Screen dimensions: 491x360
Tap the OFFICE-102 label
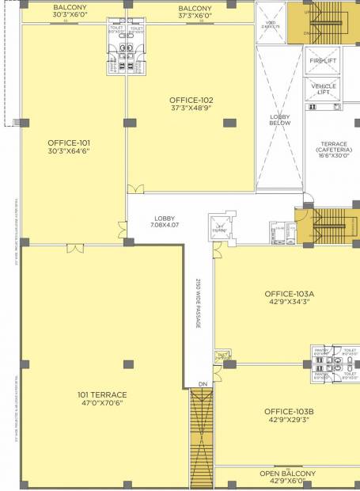click(x=191, y=101)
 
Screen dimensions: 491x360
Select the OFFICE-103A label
click(x=289, y=293)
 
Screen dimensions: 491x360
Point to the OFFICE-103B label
click(x=289, y=411)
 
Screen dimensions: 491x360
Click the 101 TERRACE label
click(x=102, y=394)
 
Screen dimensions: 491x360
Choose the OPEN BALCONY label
click(x=288, y=474)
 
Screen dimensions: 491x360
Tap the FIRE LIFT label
click(x=323, y=61)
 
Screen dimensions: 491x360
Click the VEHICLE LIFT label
click(x=323, y=89)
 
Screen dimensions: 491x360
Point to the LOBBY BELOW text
click(x=280, y=120)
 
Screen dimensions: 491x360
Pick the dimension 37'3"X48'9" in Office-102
click(x=191, y=108)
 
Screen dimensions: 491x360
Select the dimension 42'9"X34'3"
click(x=289, y=301)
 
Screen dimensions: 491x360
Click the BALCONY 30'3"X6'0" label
click(x=70, y=11)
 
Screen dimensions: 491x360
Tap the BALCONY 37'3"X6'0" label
click(x=190, y=11)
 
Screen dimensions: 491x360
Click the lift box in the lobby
click(x=220, y=225)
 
